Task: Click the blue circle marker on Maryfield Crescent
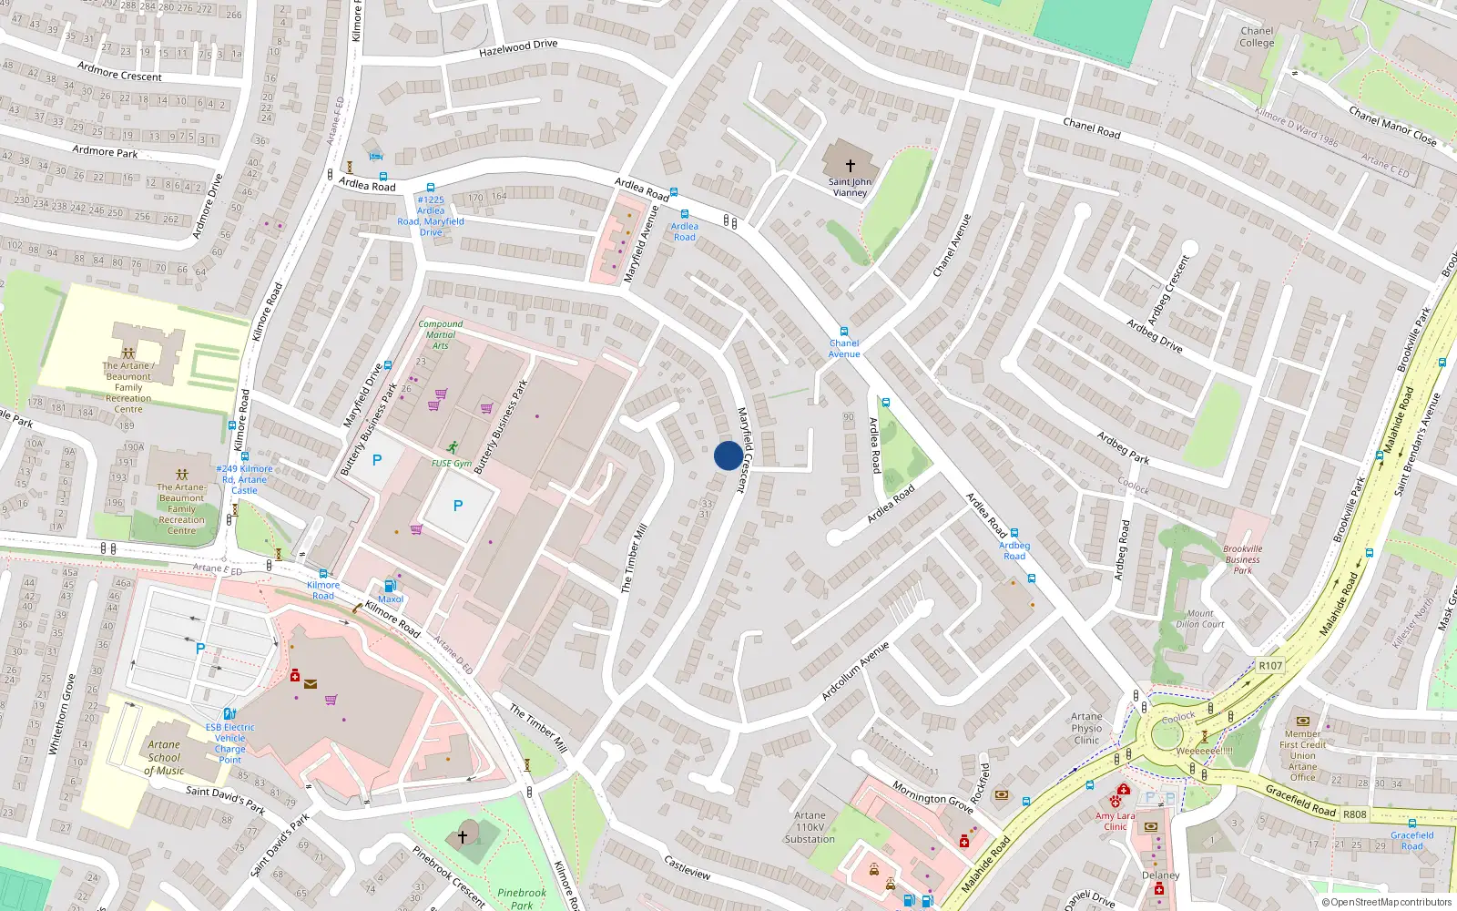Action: (728, 455)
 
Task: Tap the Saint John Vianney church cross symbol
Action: (851, 166)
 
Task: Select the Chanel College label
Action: (1257, 36)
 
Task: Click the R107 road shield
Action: (1270, 665)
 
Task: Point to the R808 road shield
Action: (1354, 814)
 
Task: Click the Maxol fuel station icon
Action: (390, 586)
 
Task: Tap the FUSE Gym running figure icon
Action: (453, 447)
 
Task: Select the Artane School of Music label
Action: (164, 757)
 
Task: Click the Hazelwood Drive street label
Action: (518, 48)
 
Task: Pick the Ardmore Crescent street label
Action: (119, 72)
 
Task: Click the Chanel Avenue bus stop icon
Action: (844, 332)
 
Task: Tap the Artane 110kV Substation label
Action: (810, 827)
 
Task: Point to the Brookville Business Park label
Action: (1243, 559)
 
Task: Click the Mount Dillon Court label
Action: (1199, 619)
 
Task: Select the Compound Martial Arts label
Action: (441, 334)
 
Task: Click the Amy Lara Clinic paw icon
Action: (1116, 802)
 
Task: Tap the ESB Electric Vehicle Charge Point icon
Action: (229, 713)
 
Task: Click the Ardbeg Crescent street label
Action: (1168, 290)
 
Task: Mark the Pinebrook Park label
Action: (522, 898)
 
